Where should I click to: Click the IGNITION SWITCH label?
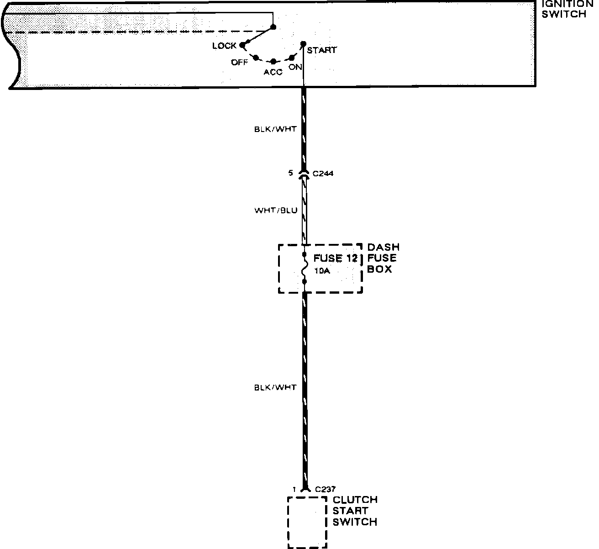(569, 9)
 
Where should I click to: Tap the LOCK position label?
(224, 46)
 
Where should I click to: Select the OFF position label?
(239, 63)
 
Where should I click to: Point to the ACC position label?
(273, 72)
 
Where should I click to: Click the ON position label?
(295, 68)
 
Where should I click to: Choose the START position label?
(321, 50)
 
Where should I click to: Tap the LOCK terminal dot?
(242, 45)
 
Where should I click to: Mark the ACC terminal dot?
(273, 61)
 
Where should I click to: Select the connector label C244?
(323, 174)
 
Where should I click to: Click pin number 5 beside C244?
(290, 174)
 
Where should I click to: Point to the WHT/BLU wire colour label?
(276, 211)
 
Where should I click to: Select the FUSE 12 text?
(335, 258)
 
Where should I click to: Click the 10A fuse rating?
(322, 271)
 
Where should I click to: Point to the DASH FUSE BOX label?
(383, 258)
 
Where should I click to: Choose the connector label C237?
(326, 489)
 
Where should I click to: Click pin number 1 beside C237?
(294, 489)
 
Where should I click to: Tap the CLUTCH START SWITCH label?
(355, 511)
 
